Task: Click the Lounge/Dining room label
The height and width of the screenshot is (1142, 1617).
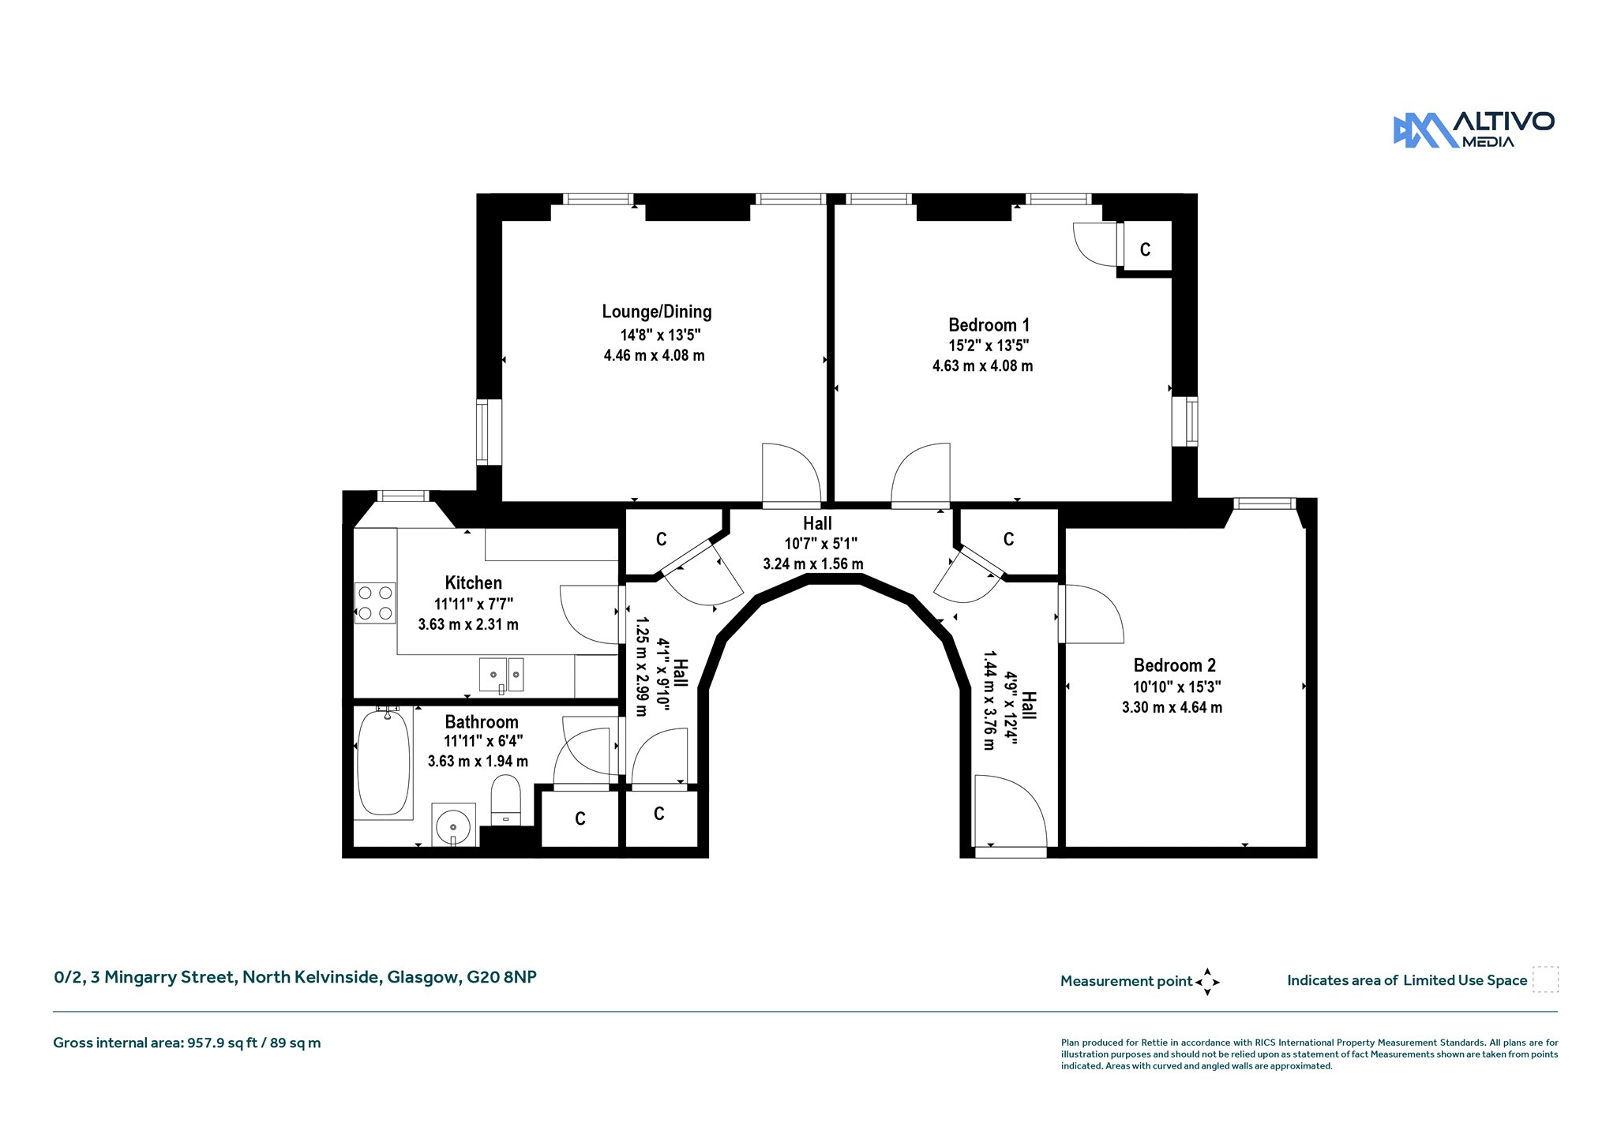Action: tap(657, 312)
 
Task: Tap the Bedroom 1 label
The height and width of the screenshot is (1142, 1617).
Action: tap(989, 325)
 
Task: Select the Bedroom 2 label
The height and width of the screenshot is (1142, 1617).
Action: tap(1175, 665)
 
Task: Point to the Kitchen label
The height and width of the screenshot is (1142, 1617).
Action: tap(474, 583)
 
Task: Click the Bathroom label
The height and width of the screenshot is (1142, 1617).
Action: tap(482, 722)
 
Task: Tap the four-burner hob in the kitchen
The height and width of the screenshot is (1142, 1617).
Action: tap(375, 603)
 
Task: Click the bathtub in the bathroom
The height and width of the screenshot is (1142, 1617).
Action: tap(384, 762)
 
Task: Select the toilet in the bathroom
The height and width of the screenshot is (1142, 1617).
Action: tap(506, 800)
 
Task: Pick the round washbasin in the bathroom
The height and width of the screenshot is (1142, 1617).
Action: tap(453, 826)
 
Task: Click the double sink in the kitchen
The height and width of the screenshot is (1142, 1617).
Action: tap(501, 676)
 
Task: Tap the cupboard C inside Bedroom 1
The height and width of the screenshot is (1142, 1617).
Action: tap(1146, 249)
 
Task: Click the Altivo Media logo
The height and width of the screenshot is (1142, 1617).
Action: tap(1473, 130)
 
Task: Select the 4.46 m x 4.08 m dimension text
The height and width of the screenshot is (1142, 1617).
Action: tap(655, 356)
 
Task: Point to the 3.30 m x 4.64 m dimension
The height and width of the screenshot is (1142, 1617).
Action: tap(1172, 708)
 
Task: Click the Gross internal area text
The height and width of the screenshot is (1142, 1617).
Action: tap(187, 1043)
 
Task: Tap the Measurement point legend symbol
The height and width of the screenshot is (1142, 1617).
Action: tap(1207, 982)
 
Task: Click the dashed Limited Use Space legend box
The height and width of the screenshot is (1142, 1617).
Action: tap(1546, 979)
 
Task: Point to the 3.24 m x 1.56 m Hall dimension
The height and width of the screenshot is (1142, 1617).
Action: tap(813, 564)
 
